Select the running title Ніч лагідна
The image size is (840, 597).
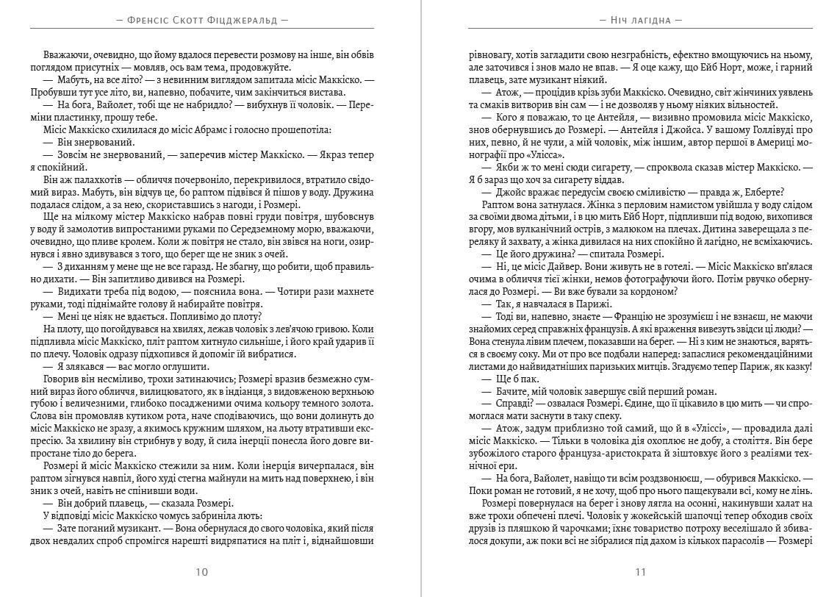640,21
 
